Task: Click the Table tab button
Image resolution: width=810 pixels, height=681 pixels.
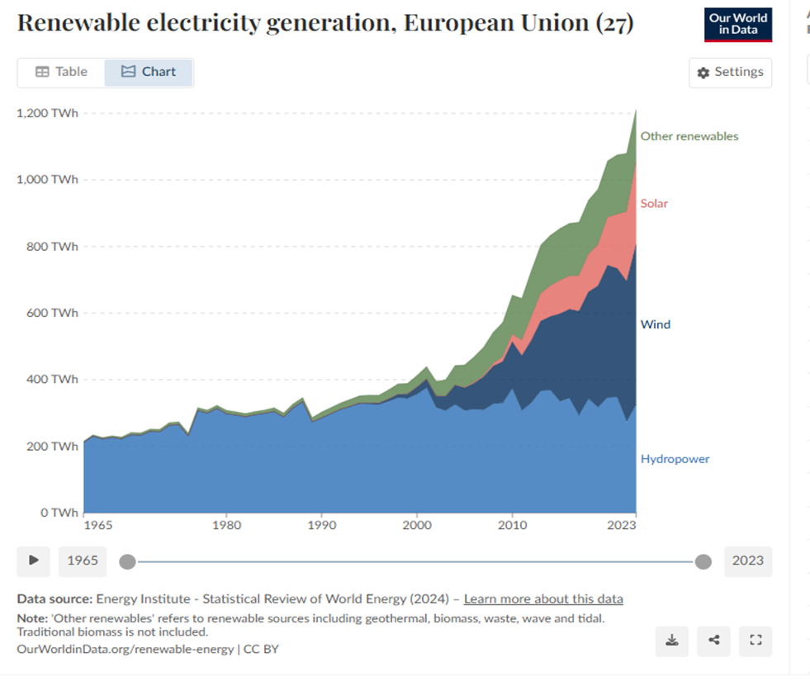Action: (61, 72)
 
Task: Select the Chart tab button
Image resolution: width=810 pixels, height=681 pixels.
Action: (149, 72)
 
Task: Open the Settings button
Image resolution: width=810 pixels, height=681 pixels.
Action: (730, 73)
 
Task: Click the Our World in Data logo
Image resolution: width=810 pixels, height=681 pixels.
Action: (737, 25)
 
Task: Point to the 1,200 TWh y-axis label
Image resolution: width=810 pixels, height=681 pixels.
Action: (47, 113)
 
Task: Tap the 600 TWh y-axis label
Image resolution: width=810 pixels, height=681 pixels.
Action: (51, 313)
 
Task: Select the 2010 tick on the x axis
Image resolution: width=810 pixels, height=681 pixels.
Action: (513, 525)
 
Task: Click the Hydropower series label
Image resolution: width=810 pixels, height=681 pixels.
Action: (675, 459)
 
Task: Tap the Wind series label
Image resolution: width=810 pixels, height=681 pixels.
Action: (656, 324)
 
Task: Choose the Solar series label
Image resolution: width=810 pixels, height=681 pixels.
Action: (654, 203)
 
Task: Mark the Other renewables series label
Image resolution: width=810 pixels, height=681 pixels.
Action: (689, 136)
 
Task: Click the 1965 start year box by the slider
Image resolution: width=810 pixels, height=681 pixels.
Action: (83, 560)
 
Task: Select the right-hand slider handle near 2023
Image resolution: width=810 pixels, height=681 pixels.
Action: (703, 561)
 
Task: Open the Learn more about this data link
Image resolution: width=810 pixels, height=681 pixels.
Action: (543, 599)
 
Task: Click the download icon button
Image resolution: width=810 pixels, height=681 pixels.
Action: (672, 640)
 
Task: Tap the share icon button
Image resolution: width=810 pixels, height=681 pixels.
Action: (714, 640)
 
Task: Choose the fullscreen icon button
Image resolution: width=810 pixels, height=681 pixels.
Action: (756, 640)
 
